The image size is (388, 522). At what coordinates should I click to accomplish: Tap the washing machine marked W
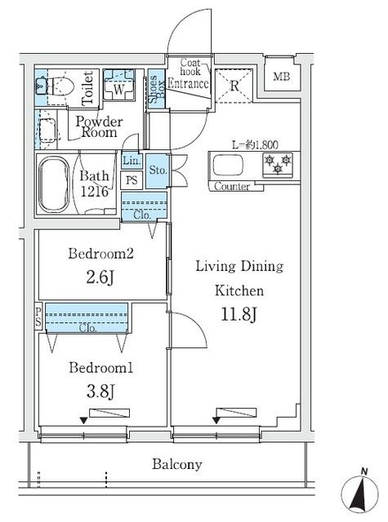[118, 85]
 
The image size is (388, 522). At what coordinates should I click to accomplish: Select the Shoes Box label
[156, 89]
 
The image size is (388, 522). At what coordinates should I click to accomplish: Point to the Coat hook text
[190, 67]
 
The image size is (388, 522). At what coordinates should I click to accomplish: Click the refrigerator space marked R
[234, 86]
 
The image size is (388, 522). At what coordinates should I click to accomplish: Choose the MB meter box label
[281, 77]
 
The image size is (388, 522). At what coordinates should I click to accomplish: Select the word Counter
[232, 186]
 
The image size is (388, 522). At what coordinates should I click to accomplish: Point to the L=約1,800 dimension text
[255, 145]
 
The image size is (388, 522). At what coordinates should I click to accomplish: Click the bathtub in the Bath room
[54, 184]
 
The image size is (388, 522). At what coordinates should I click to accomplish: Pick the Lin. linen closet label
[131, 161]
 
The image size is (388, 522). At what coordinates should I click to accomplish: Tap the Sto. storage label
[158, 170]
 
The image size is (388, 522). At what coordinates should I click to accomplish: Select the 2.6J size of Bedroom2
[100, 277]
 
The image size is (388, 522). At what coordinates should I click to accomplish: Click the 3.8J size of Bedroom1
[100, 391]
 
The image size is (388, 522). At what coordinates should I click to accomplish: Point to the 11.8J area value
[239, 315]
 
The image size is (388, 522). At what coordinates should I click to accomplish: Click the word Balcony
[177, 464]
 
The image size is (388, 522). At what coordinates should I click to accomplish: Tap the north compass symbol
[359, 493]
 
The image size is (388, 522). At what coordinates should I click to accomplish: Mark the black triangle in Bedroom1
[83, 421]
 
